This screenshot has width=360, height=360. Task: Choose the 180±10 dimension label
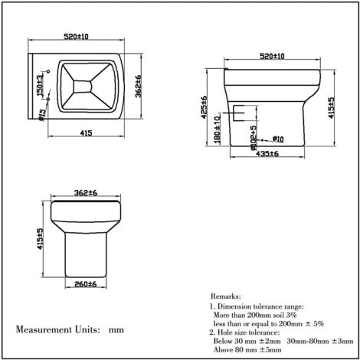219,129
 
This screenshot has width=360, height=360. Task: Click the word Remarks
227,294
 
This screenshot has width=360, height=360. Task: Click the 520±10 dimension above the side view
270,57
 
